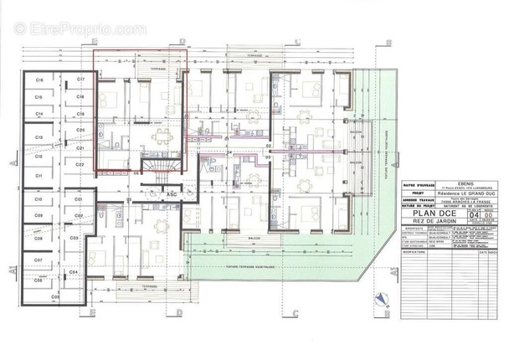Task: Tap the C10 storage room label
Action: (x=39, y=201)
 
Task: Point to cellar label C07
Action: (x=39, y=260)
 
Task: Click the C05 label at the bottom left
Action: (x=55, y=297)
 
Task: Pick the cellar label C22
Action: (x=80, y=166)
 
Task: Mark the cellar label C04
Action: (x=74, y=273)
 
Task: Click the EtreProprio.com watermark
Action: (x=75, y=29)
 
